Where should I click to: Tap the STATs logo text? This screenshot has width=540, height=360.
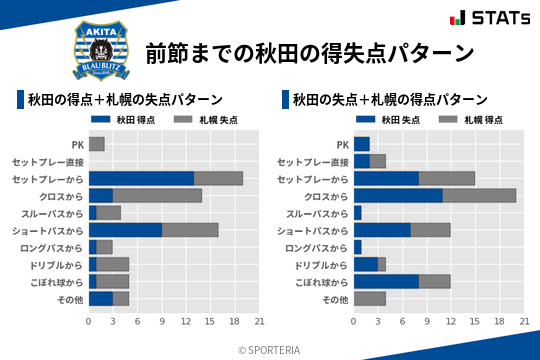pyautogui.click(x=497, y=18)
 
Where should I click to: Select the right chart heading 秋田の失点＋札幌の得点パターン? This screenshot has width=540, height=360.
pyautogui.click(x=390, y=100)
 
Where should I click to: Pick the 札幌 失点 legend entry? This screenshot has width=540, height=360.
pyautogui.click(x=205, y=121)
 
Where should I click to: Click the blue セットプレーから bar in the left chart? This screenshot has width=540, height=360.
pyautogui.click(x=141, y=178)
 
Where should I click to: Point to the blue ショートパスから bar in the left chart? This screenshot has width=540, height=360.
pyautogui.click(x=125, y=230)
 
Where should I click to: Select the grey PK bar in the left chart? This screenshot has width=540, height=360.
pyautogui.click(x=97, y=144)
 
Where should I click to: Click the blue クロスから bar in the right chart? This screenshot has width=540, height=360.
pyautogui.click(x=398, y=195)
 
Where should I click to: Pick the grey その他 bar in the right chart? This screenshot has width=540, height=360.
pyautogui.click(x=370, y=299)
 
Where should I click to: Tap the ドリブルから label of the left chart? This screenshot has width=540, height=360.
pyautogui.click(x=57, y=265)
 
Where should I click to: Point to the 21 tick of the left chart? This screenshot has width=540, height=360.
pyautogui.click(x=259, y=321)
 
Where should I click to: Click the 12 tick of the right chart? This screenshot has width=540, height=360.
pyautogui.click(x=451, y=321)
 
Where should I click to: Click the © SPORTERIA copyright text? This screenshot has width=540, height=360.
pyautogui.click(x=270, y=349)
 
